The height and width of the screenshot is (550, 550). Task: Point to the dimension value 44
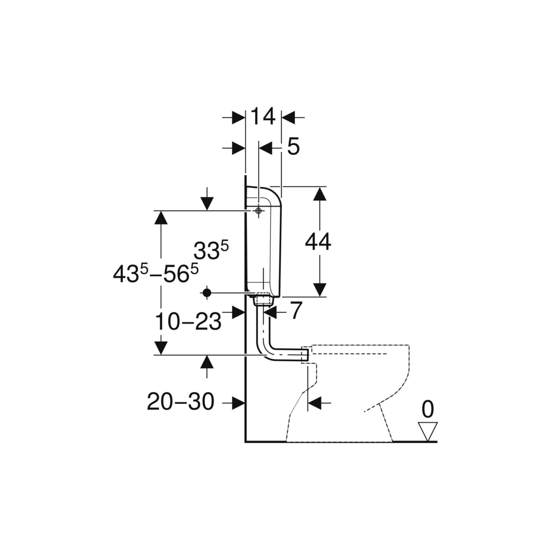coord(318,242)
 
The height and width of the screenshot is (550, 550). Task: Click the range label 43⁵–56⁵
coord(156,274)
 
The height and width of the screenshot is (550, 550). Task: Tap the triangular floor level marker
coord(428,431)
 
